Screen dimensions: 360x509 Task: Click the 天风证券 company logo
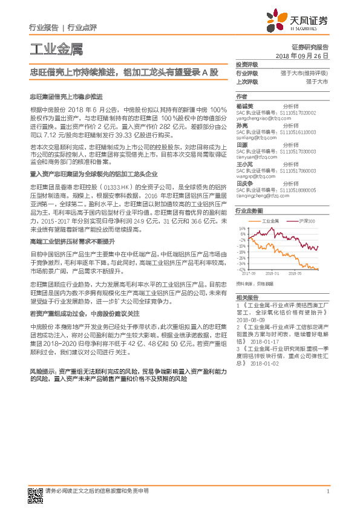(299, 21)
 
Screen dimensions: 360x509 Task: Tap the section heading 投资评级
(247, 63)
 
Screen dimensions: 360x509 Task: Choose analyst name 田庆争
(243, 183)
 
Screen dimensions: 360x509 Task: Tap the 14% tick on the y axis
(243, 229)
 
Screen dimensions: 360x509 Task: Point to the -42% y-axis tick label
(241, 269)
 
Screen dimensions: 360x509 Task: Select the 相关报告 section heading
(247, 297)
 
